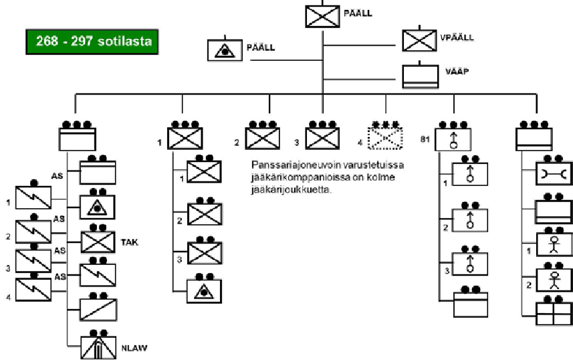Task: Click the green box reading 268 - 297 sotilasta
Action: [x=92, y=41]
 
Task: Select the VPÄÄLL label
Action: [x=457, y=37]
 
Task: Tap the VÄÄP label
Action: [x=457, y=72]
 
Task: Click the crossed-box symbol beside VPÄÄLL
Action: [x=419, y=40]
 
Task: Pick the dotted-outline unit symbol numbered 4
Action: [x=385, y=139]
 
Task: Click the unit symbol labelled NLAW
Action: [x=98, y=347]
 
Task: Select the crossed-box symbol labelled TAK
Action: [x=98, y=242]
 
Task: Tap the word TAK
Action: [x=129, y=242]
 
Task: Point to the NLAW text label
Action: [x=134, y=348]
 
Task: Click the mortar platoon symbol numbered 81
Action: [x=453, y=139]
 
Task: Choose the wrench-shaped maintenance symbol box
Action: [x=554, y=173]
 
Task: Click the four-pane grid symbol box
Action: [x=554, y=314]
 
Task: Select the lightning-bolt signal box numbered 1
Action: [x=33, y=197]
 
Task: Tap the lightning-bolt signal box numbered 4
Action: [x=33, y=290]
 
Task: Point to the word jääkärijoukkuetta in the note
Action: [x=292, y=190]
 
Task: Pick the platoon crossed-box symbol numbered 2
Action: [x=205, y=214]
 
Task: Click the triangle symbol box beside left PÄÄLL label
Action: [x=225, y=50]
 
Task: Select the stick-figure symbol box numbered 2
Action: [x=554, y=280]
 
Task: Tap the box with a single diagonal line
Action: [x=98, y=310]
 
